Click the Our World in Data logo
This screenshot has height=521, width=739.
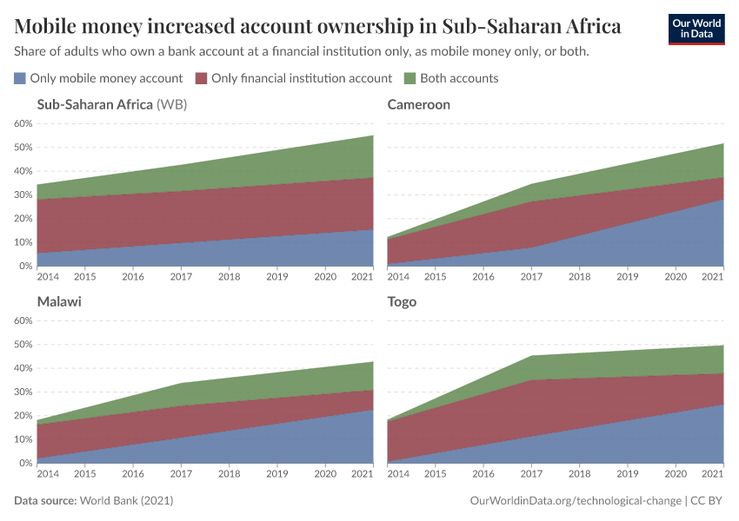click(x=696, y=29)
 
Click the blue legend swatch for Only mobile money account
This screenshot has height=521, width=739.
click(x=20, y=78)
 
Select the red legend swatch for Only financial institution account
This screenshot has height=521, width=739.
click(x=202, y=78)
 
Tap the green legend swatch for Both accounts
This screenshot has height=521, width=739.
click(x=411, y=78)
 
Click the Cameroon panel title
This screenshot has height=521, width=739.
click(x=418, y=104)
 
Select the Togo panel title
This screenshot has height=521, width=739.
click(x=402, y=301)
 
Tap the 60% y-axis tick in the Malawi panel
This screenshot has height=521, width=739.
click(x=23, y=320)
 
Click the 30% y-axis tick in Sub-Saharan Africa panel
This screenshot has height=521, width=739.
click(x=23, y=195)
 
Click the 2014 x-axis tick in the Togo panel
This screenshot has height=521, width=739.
click(x=397, y=474)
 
